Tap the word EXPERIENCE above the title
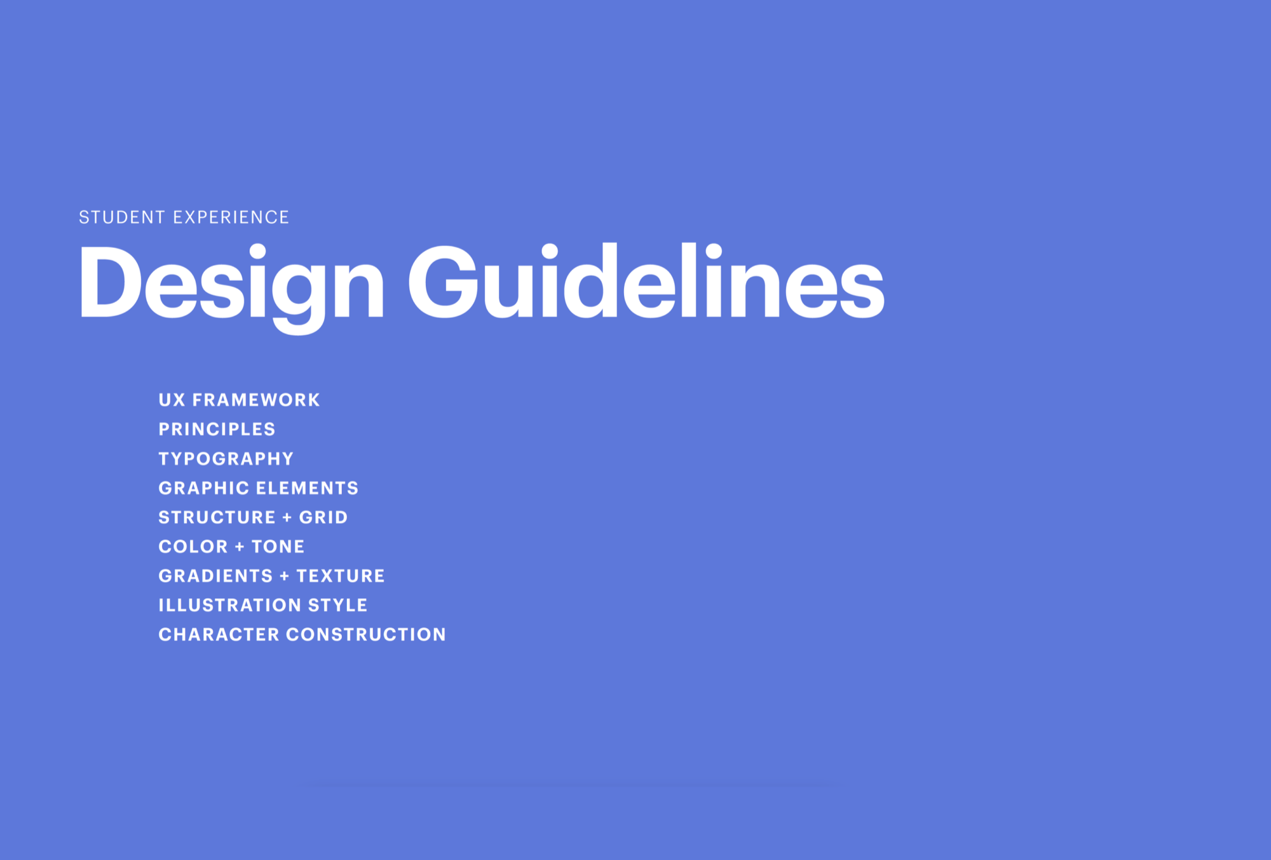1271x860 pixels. (x=231, y=217)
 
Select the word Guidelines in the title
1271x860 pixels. (x=646, y=282)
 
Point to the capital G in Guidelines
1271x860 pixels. (x=443, y=282)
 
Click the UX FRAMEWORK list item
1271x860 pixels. (x=239, y=400)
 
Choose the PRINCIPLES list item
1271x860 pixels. (x=217, y=429)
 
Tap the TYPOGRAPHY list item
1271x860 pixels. (x=226, y=458)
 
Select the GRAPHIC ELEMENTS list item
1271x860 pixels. (x=258, y=488)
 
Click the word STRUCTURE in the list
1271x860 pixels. (x=217, y=517)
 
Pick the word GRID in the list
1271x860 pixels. (x=323, y=517)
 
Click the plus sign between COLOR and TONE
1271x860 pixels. (x=240, y=547)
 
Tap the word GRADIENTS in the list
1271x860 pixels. (x=215, y=576)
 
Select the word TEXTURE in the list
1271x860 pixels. (x=341, y=576)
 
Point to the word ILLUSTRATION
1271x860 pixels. (x=229, y=605)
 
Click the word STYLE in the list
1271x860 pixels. (x=337, y=605)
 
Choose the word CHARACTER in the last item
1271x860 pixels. (x=219, y=634)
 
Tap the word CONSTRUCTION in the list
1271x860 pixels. (x=366, y=634)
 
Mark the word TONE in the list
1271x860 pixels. (x=278, y=547)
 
